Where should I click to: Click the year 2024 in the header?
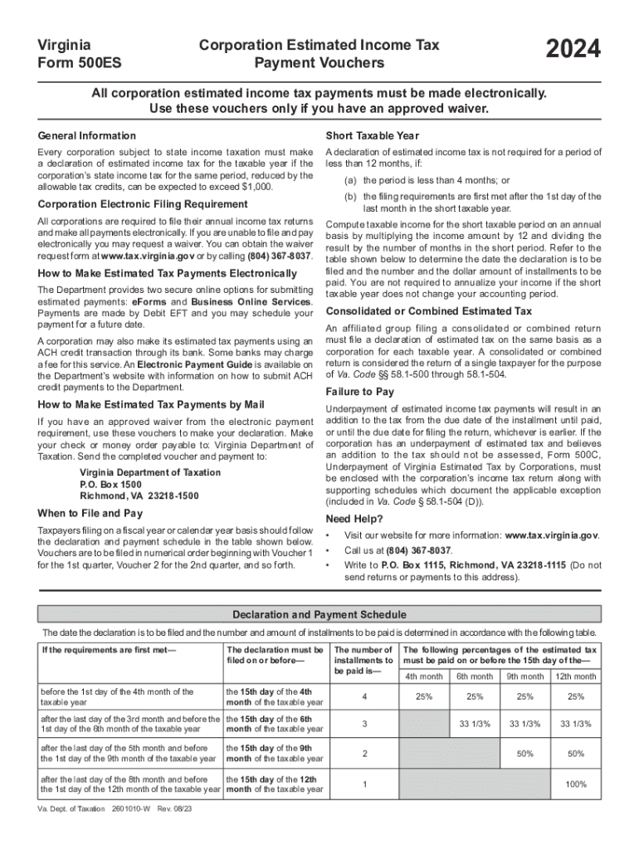tap(573, 51)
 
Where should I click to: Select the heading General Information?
tap(87, 135)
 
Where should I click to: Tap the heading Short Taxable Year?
tap(373, 135)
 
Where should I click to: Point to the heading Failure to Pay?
tap(360, 392)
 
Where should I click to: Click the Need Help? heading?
tap(354, 519)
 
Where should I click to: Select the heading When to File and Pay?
tap(90, 513)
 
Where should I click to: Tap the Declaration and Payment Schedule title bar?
tap(319, 615)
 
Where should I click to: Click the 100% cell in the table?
tap(575, 784)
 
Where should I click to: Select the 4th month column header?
tap(424, 677)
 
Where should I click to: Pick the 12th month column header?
tap(575, 677)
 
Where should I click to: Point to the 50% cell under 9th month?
tap(524, 754)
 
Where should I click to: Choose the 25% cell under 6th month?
tap(475, 696)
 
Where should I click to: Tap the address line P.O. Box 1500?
tap(110, 484)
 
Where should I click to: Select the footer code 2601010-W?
tap(122, 808)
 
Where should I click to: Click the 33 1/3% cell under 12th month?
tap(575, 724)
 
